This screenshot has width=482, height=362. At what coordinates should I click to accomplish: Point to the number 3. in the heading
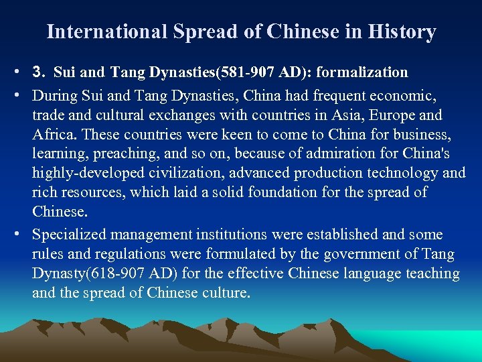pyautogui.click(x=39, y=72)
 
